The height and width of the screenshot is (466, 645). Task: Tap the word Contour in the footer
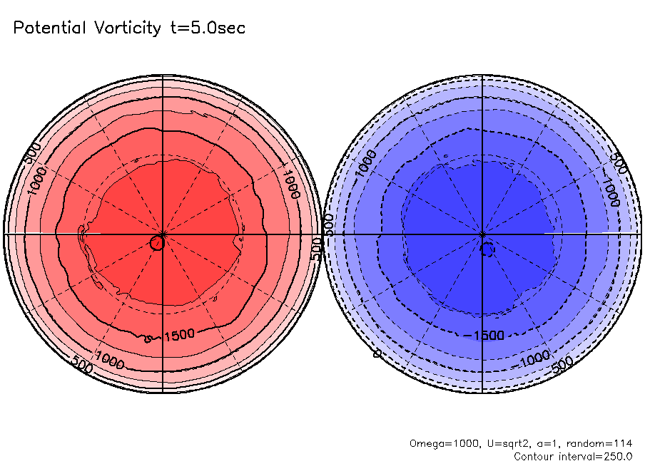533,456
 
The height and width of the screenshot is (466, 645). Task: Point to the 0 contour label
375,353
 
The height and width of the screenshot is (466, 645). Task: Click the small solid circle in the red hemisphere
157,244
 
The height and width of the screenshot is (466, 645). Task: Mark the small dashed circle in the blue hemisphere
488,249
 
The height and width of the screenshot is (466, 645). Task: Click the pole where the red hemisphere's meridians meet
163,234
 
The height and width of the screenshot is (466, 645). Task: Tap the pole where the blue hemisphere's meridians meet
483,234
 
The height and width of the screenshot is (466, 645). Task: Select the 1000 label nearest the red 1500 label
110,361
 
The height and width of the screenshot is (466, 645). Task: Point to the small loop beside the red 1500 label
148,339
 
